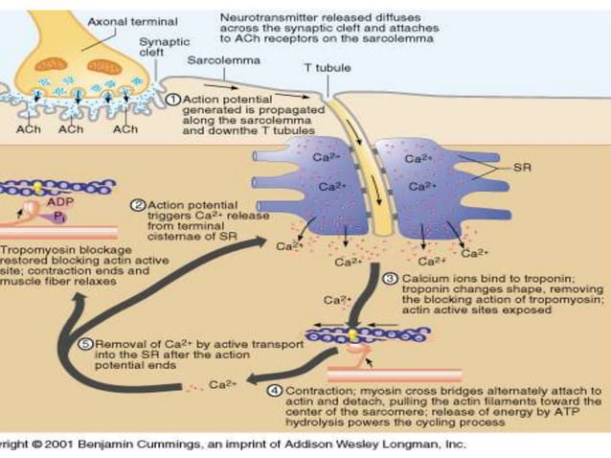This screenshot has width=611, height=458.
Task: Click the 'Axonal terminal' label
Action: (x=120, y=20)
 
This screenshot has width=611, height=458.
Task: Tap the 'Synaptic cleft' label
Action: (x=164, y=49)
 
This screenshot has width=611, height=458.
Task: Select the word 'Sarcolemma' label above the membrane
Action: (x=213, y=60)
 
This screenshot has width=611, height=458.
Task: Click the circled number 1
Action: (x=173, y=99)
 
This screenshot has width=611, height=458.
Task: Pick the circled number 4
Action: (x=275, y=392)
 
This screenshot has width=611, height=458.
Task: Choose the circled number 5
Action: (x=83, y=344)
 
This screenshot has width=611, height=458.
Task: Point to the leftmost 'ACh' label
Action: (x=26, y=128)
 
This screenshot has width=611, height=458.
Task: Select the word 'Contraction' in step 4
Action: (x=317, y=392)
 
